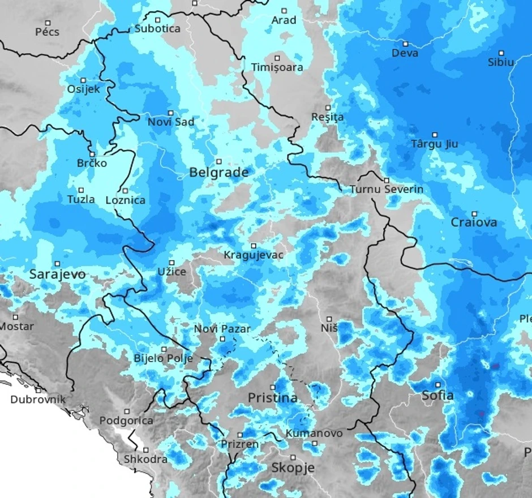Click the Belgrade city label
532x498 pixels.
(x=218, y=173)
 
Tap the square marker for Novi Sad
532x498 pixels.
(x=170, y=113)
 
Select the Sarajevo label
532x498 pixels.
(x=57, y=274)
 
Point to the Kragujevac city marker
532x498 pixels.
(x=254, y=246)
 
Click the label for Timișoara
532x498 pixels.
(x=277, y=67)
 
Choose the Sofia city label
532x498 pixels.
(x=437, y=396)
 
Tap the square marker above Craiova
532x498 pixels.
(x=474, y=213)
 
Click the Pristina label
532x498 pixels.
(x=273, y=398)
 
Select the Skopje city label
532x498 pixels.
(x=293, y=468)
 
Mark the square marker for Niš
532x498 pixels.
(x=329, y=319)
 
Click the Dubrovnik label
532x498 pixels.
(x=38, y=400)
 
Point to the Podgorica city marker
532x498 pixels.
(x=127, y=411)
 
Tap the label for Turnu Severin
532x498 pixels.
(x=387, y=189)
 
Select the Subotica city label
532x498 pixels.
(x=157, y=28)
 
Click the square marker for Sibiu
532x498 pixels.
(x=501, y=53)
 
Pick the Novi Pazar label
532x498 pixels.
(x=222, y=329)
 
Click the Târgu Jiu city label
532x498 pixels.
(x=435, y=144)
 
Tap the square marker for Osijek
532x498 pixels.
(x=83, y=80)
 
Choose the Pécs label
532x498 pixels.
(x=47, y=32)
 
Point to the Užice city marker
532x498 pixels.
(x=171, y=262)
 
